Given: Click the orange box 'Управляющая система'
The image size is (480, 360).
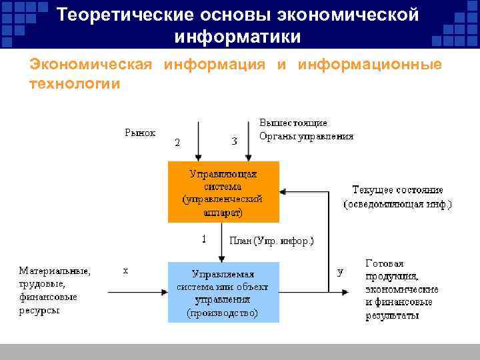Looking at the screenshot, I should point(223,192).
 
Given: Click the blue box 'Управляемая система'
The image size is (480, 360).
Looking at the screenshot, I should point(223,292).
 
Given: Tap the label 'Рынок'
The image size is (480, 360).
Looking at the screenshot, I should point(140,133).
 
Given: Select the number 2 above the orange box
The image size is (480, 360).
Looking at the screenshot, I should point(177,142).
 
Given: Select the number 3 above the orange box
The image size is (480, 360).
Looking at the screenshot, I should point(234,141).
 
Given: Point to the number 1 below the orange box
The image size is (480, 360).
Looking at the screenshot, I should point(203,237).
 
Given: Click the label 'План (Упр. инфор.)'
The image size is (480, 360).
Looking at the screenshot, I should point(271,241).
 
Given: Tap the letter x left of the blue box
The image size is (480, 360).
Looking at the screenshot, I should point(125,271).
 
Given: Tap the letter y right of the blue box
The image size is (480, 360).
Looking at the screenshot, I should point(341,271).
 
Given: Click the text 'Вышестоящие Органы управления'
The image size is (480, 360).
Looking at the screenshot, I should point(306,130).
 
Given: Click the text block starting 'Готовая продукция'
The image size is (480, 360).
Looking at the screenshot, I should point(401,289).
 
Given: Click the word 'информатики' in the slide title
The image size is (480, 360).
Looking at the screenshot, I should point(238,35).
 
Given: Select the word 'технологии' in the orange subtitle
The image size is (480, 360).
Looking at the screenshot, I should point(75,84).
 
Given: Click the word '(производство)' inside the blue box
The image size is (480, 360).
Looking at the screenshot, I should point(223,312).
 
